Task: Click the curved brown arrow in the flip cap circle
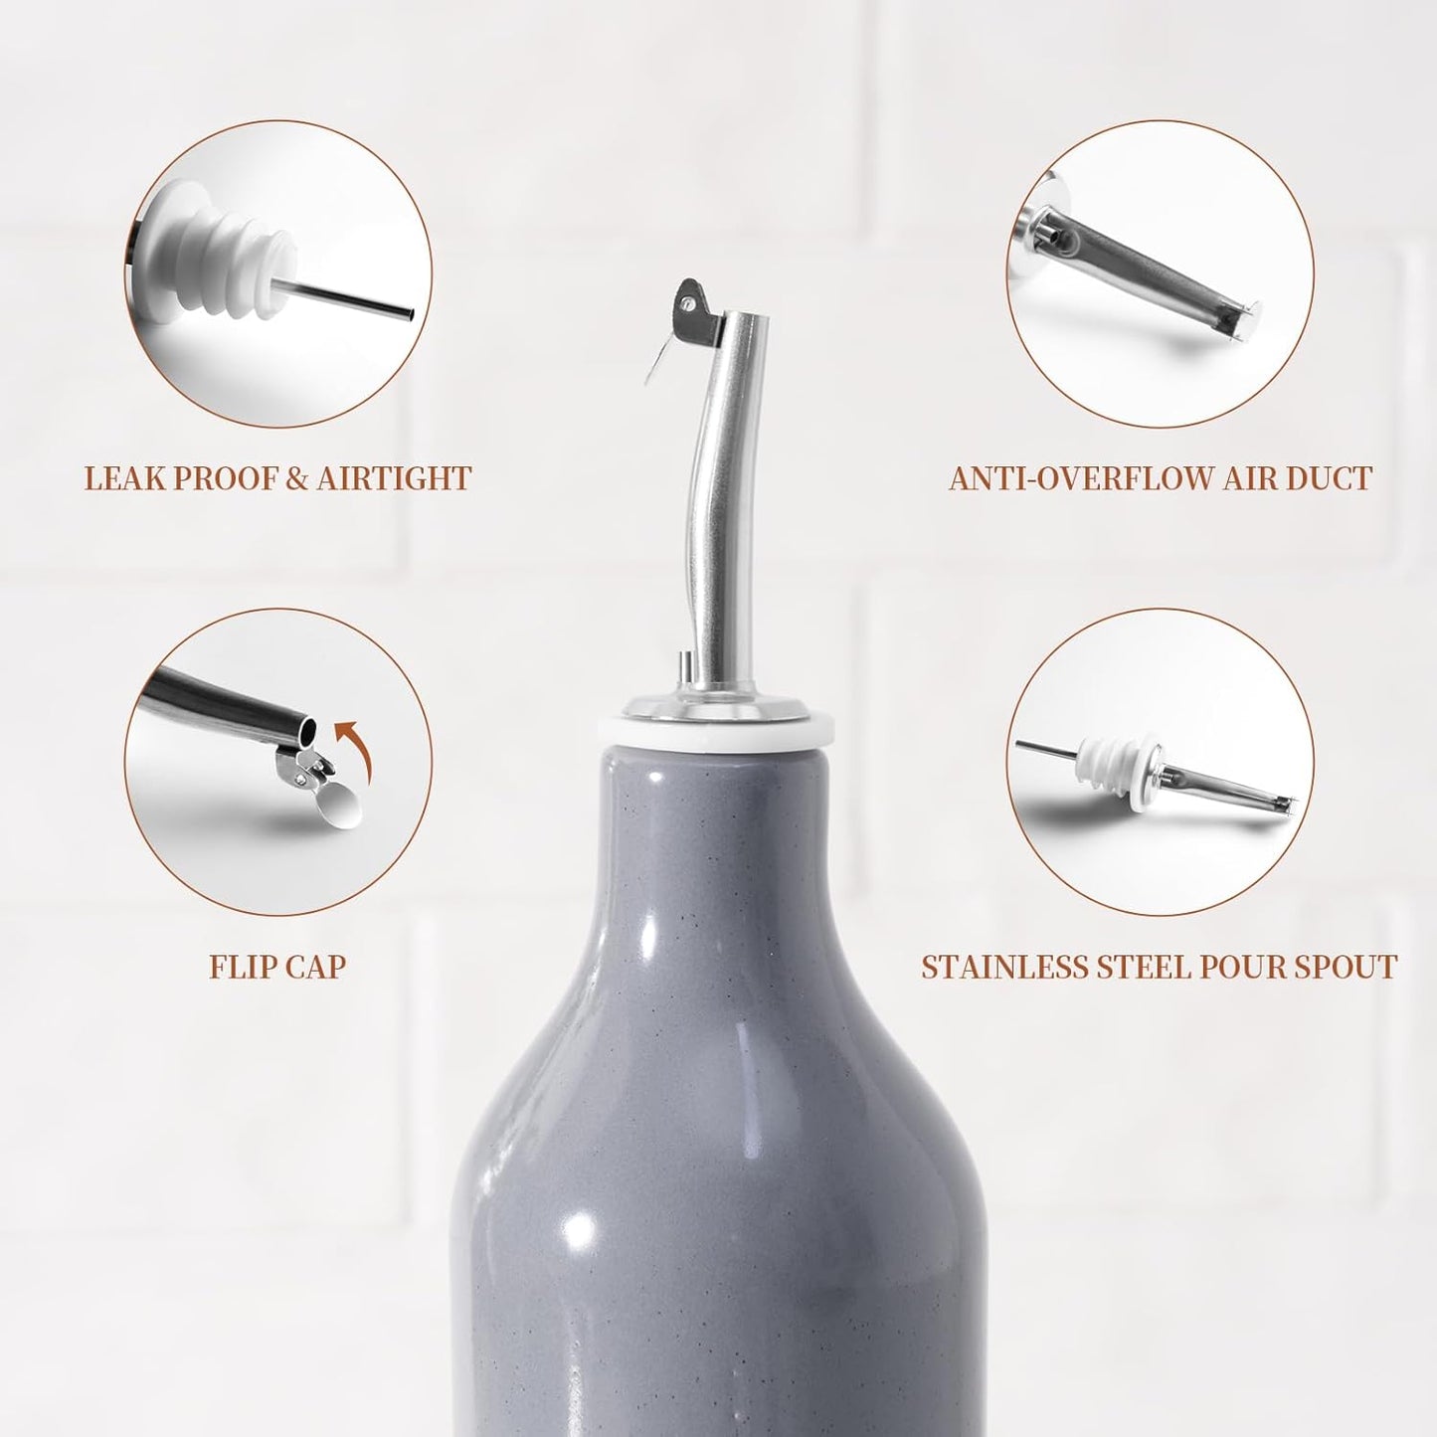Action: coord(347,756)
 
